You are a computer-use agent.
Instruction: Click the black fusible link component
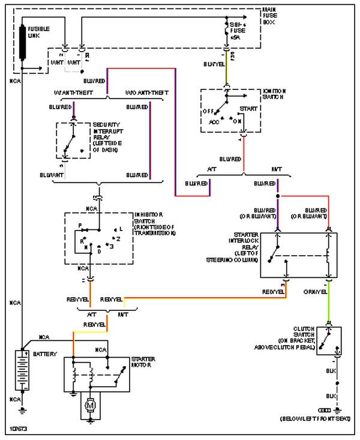pos(23,42)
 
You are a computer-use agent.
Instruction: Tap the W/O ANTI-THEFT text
pos(146,92)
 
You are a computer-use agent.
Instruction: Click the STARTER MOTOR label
pos(143,363)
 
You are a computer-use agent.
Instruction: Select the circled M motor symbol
pos(91,406)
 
